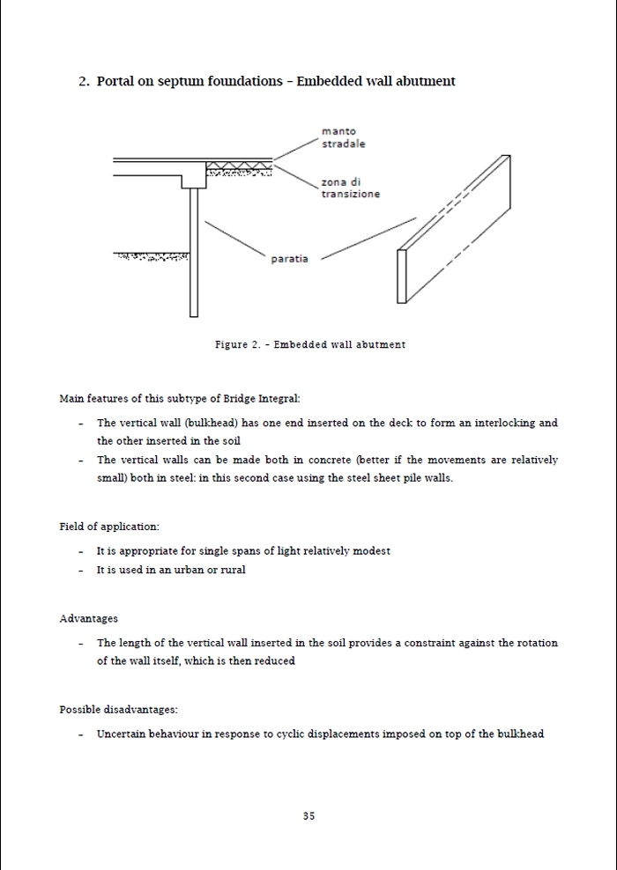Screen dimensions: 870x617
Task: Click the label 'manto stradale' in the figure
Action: click(343, 137)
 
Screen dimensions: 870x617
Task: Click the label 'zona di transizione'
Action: click(350, 188)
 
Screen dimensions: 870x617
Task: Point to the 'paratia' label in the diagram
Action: click(289, 259)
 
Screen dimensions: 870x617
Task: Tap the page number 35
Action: click(308, 816)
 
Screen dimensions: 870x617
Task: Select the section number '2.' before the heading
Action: click(84, 81)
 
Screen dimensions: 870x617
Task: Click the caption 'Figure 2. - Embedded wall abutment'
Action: click(310, 344)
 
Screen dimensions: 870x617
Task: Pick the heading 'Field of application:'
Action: click(109, 527)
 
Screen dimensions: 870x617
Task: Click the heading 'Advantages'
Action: click(88, 619)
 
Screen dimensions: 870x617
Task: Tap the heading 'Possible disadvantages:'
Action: click(112, 710)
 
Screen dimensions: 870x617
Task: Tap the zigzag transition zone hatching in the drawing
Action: click(239, 167)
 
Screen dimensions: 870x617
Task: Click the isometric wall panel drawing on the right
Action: click(455, 229)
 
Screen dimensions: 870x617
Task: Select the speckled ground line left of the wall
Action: click(152, 257)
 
